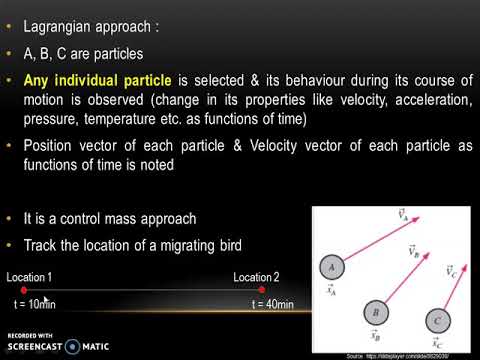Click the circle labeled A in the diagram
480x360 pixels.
point(331,267)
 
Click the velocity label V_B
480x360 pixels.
point(411,252)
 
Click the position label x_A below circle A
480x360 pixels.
point(331,289)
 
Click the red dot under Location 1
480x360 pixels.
point(24,291)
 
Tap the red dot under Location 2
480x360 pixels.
point(262,291)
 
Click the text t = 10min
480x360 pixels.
point(35,304)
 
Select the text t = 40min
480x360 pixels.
point(273,304)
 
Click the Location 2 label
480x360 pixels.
point(256,277)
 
